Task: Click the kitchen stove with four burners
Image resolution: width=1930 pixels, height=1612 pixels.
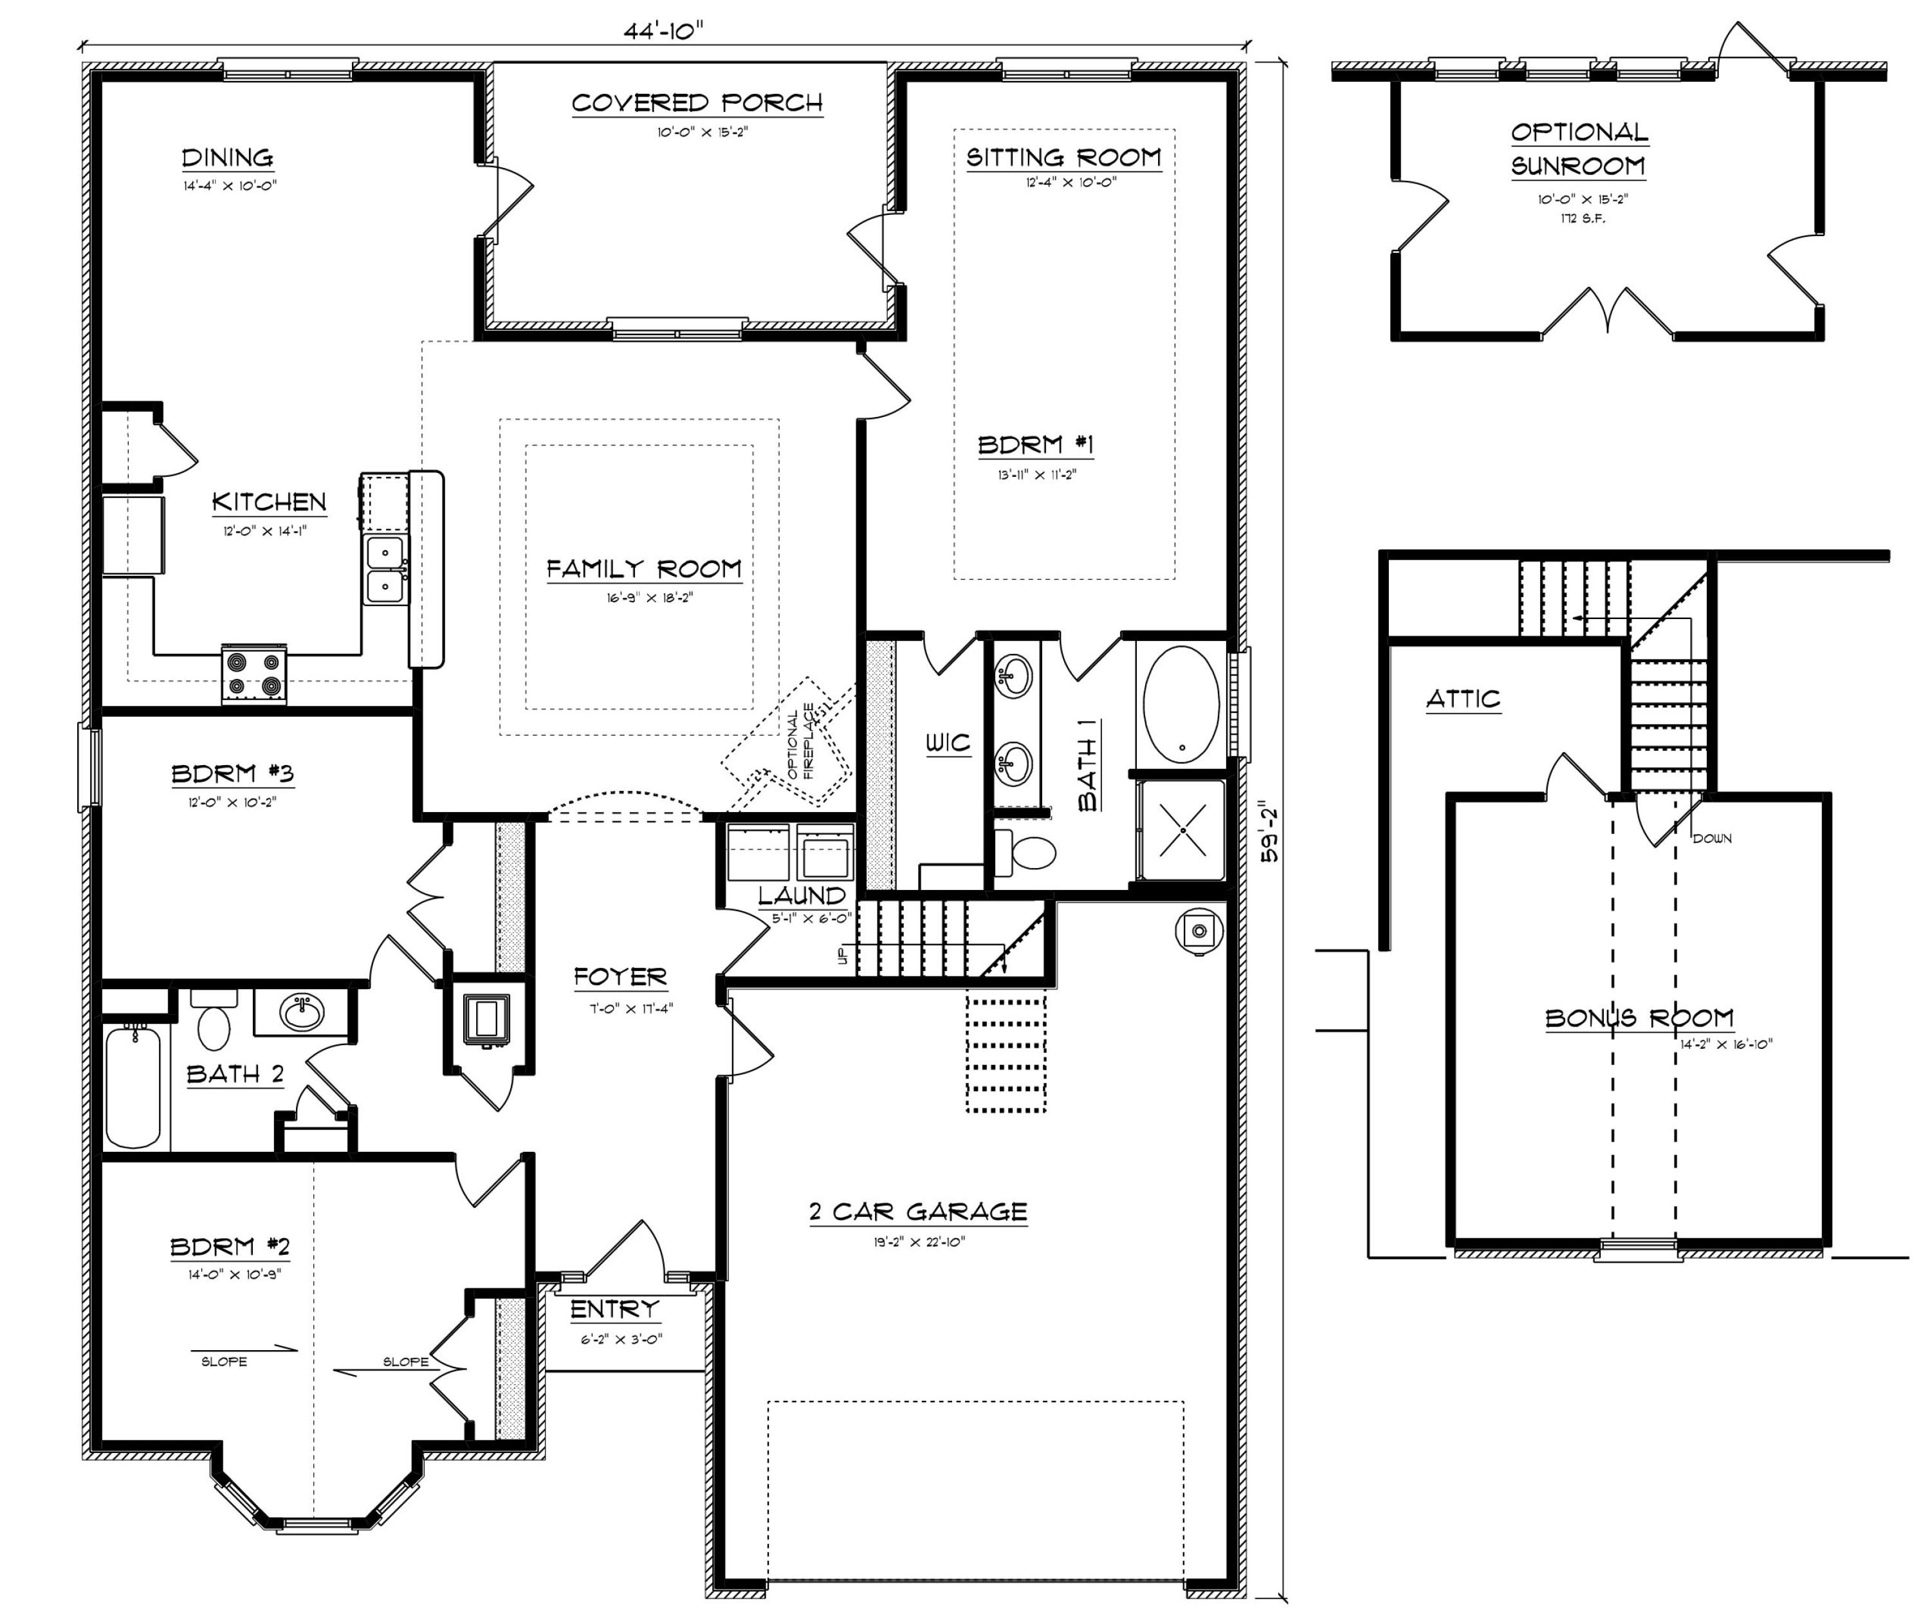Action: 253,674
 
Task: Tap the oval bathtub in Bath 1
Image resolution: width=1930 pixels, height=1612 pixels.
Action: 1181,705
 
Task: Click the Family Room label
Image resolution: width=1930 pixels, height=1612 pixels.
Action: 643,569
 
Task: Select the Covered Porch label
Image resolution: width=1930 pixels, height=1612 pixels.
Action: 697,103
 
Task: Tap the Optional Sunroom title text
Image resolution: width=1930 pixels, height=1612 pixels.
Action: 1579,149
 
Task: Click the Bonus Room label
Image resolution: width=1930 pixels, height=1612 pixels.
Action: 1639,1018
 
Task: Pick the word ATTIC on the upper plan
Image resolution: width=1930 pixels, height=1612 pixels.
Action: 1463,699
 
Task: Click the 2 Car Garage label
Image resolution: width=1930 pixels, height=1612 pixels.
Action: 917,1211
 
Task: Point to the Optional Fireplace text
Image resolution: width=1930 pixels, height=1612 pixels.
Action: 800,743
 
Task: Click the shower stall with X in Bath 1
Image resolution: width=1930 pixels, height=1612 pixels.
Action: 1181,829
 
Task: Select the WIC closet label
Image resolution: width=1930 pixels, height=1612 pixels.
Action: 948,743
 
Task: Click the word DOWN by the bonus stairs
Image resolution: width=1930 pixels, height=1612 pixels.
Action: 1711,838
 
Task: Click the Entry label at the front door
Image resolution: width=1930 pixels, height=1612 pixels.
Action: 615,1309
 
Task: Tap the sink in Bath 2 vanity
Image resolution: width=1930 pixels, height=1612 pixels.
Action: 302,1014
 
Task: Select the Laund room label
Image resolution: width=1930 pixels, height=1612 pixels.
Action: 802,895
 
